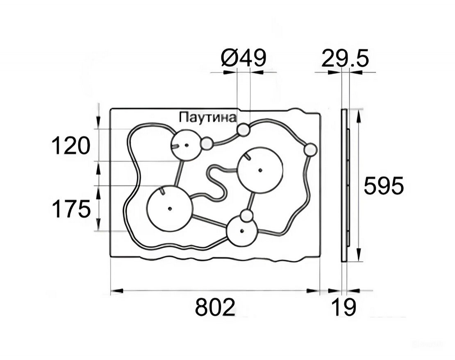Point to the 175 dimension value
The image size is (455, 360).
tap(71, 209)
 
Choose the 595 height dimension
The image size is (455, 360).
tap(384, 186)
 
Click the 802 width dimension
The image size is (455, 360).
tap(215, 307)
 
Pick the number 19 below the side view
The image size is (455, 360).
tap(344, 307)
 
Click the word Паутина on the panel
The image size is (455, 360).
tap(207, 118)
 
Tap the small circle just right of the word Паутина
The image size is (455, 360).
tap(243, 129)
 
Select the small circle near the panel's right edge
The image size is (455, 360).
tap(310, 150)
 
